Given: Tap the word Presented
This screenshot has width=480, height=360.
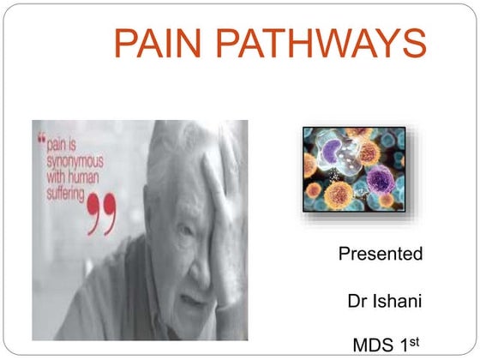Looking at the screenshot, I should coord(381,254).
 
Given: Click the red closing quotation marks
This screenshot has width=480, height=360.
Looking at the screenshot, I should coord(102,215).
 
